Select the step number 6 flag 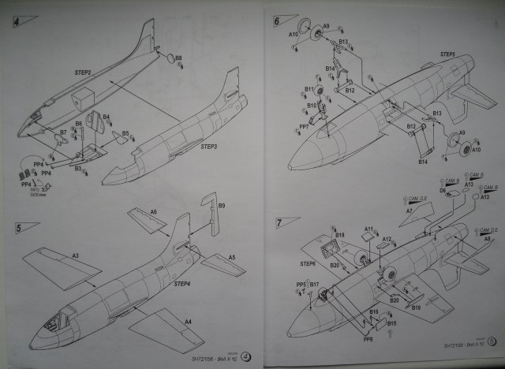pyautogui.click(x=280, y=21)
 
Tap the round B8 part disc pyautogui.click(x=169, y=58)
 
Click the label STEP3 pyautogui.click(x=208, y=147)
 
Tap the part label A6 pyautogui.click(x=153, y=212)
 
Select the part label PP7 pyautogui.click(x=303, y=126)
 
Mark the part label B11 pyautogui.click(x=309, y=89)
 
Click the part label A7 pyautogui.click(x=410, y=211)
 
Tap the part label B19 pyautogui.click(x=416, y=308)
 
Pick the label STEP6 pyautogui.click(x=307, y=263)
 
